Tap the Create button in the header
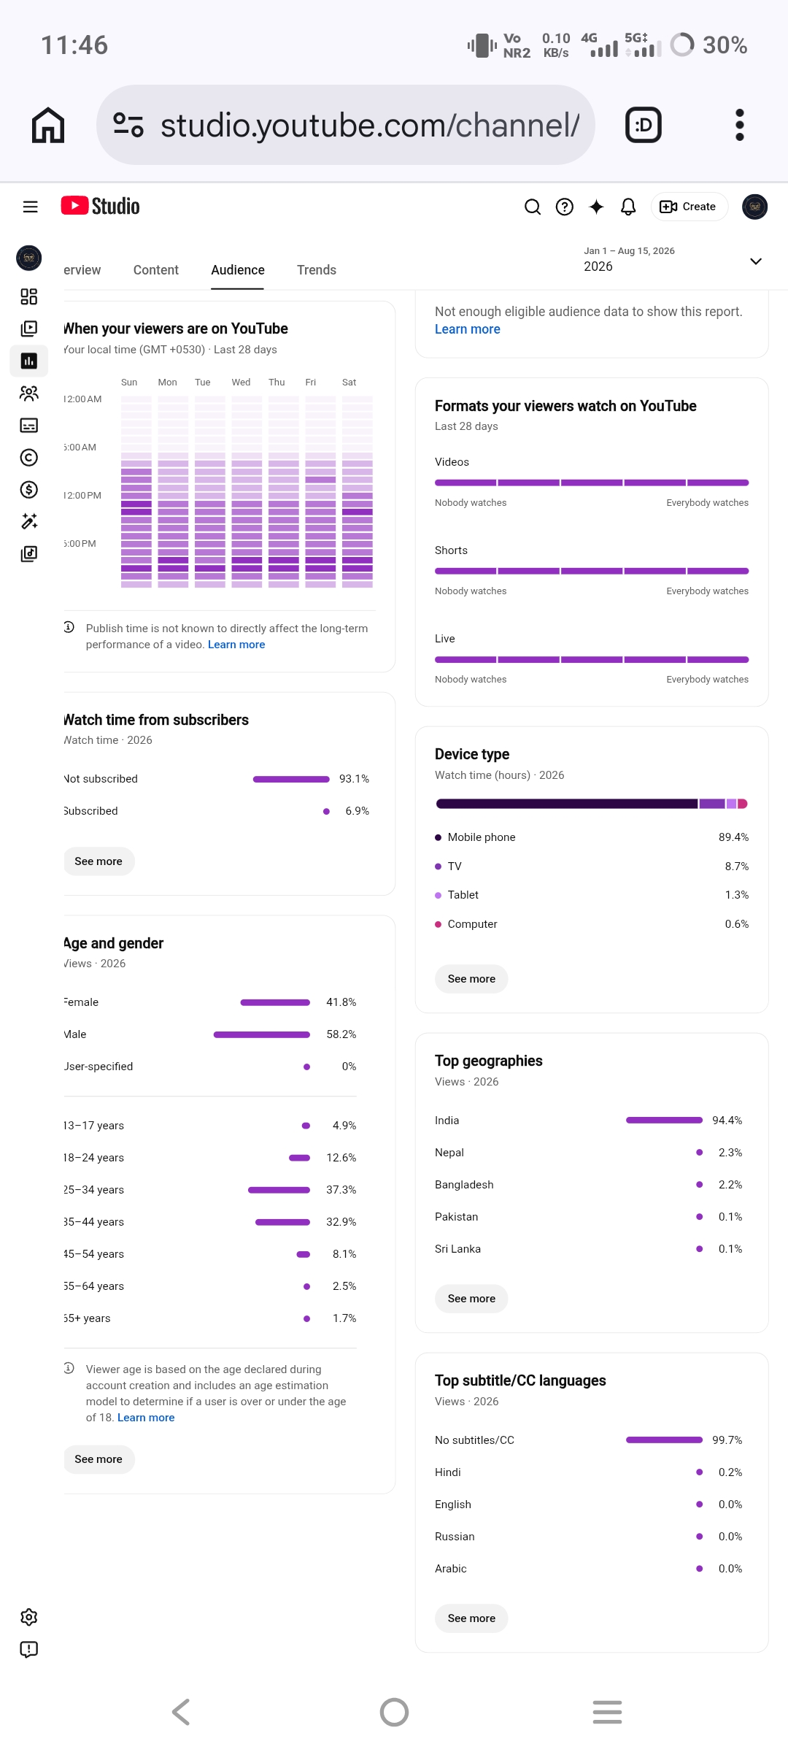[x=688, y=207]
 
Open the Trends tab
[x=317, y=270]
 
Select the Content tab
[x=155, y=270]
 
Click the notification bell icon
[x=628, y=207]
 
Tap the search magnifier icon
[x=533, y=207]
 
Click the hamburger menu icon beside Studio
[x=30, y=207]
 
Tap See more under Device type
[x=471, y=979]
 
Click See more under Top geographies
[x=471, y=1299]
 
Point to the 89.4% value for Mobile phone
[x=733, y=837]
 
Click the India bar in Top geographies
[x=664, y=1121]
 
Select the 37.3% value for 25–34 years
[x=341, y=1190]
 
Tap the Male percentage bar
[x=262, y=1034]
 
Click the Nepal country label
[x=449, y=1153]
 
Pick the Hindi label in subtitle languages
[x=448, y=1472]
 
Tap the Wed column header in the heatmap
[x=241, y=383]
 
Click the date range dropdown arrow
[x=756, y=261]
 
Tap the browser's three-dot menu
[x=740, y=125]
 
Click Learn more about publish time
[x=236, y=645]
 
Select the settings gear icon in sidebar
[x=29, y=1617]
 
